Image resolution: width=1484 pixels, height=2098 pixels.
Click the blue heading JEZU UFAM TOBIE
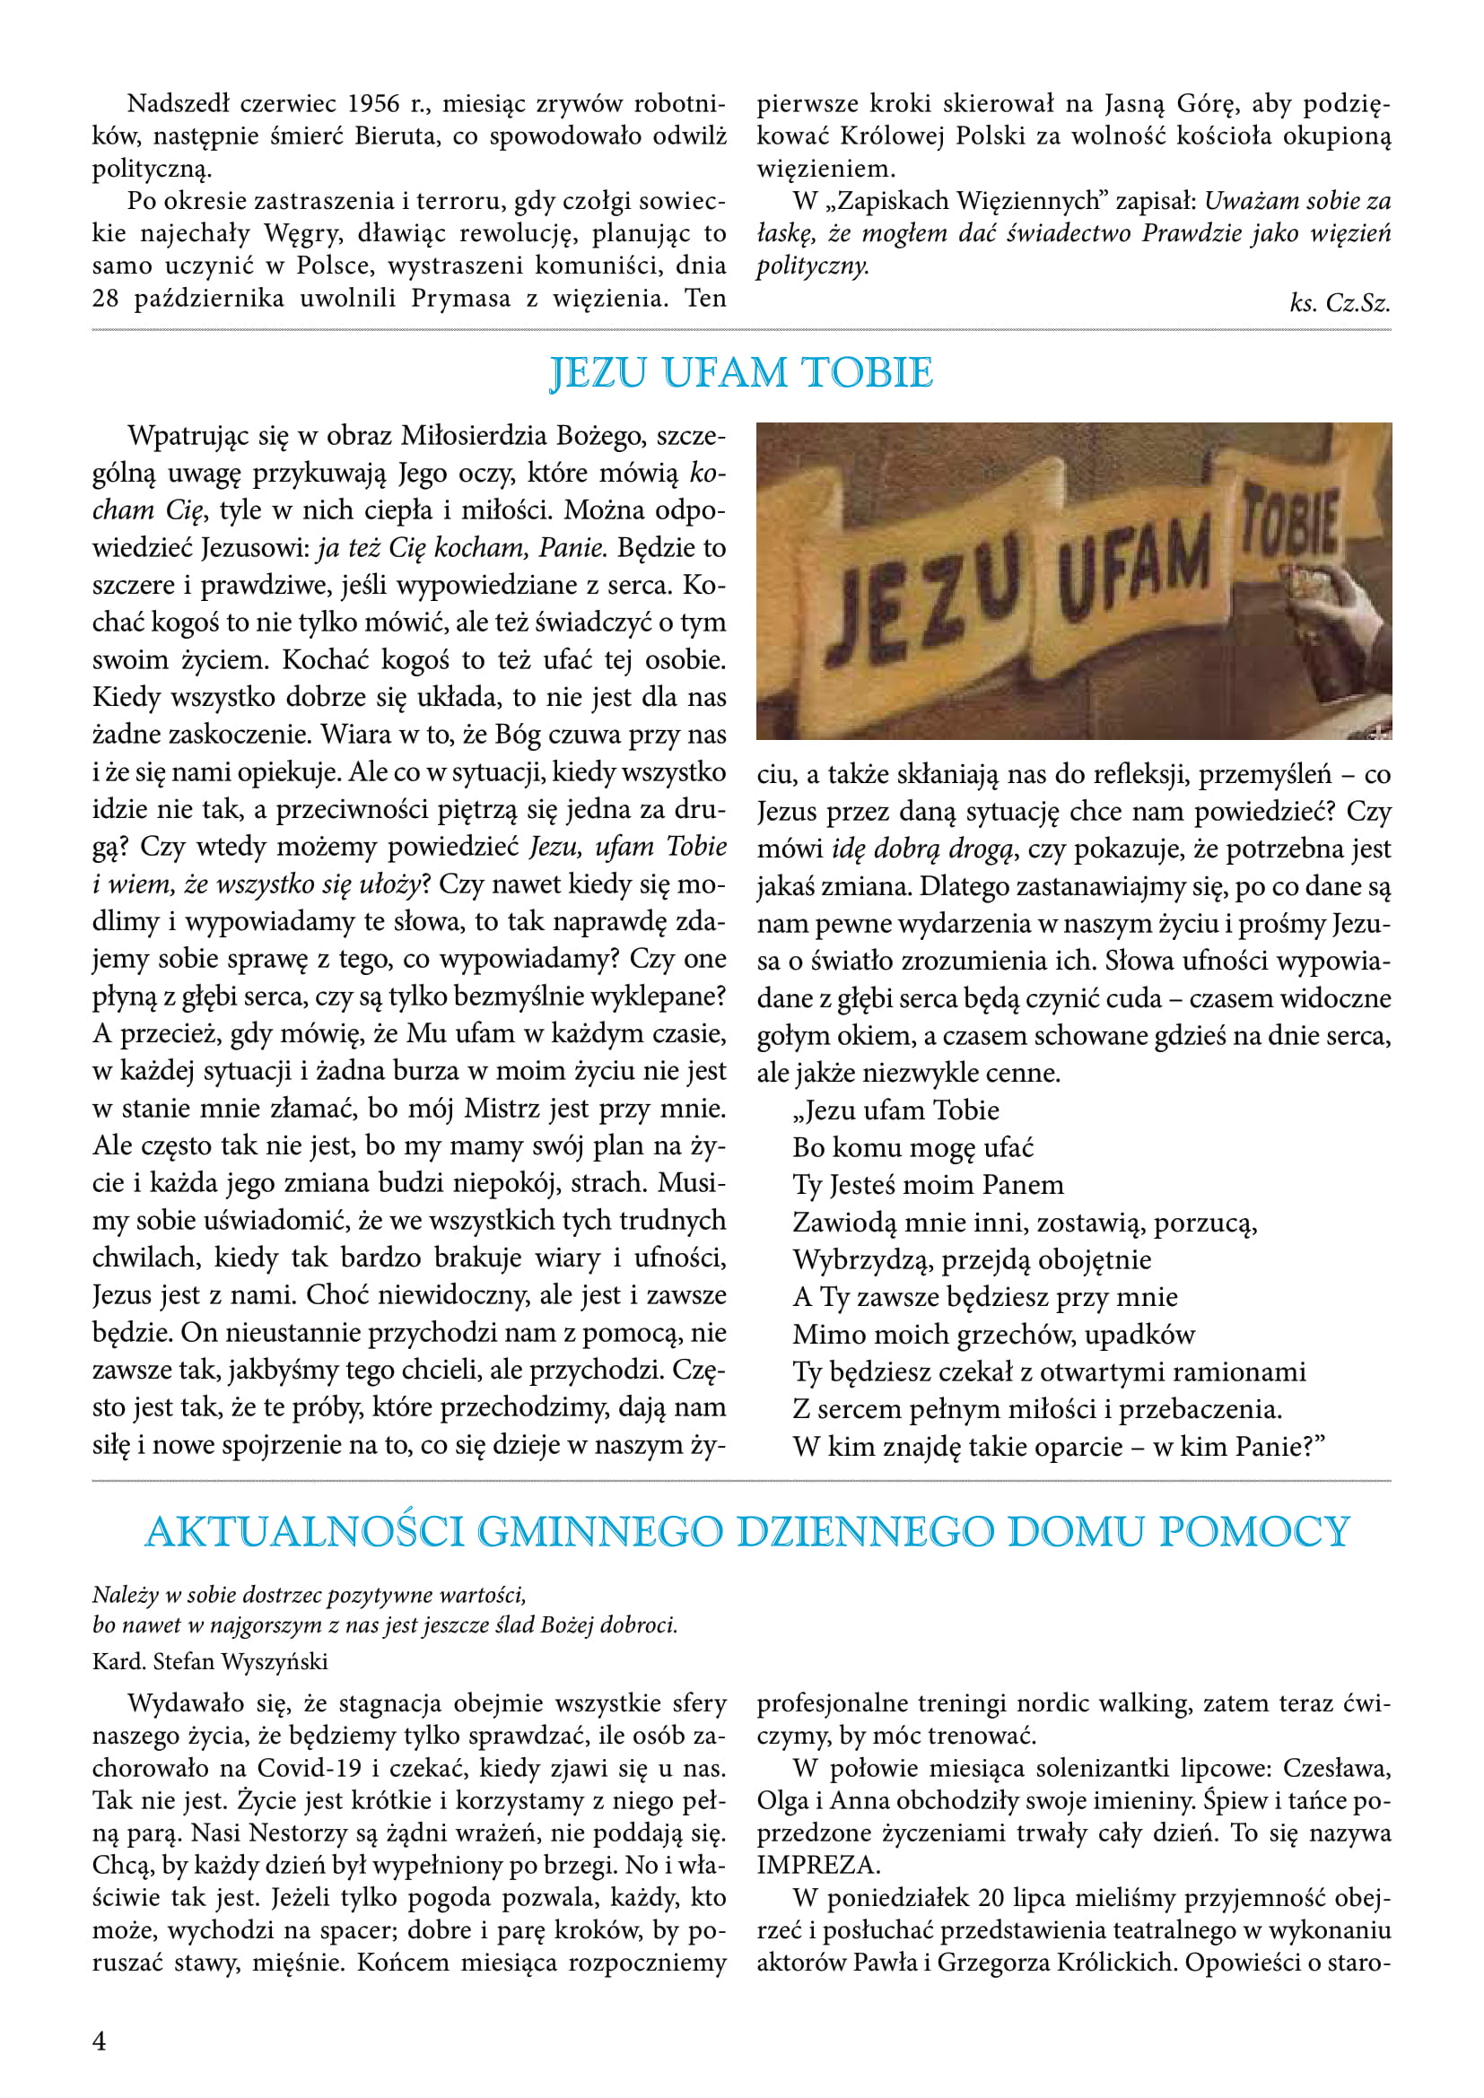point(741,373)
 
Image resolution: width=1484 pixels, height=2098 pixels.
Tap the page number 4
point(100,2041)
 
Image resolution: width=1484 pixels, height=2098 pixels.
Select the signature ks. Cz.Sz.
point(1340,303)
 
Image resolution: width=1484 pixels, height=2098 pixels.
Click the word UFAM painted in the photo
point(1134,564)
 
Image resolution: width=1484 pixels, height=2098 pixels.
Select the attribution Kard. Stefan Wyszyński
point(210,1661)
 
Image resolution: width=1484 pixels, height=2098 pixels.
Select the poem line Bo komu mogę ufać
point(912,1148)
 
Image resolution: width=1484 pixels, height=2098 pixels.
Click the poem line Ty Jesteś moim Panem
point(929,1185)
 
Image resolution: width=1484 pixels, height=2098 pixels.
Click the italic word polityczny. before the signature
point(812,266)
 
